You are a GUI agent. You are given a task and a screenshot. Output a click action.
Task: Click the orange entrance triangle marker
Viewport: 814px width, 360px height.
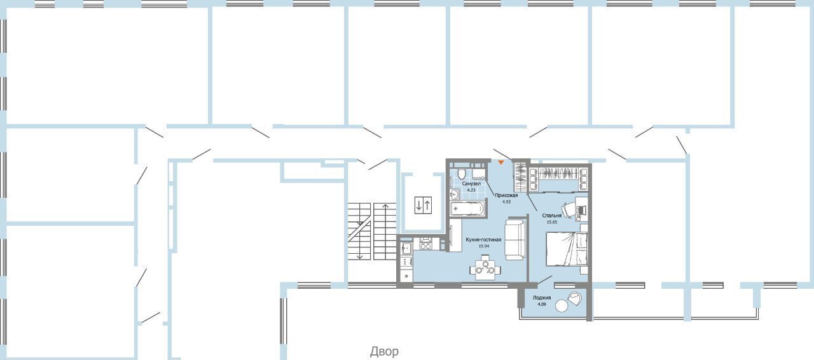500,163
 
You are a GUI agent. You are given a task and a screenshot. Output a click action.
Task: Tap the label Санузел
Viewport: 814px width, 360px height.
471,184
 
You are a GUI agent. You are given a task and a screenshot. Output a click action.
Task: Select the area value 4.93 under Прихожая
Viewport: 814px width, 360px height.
506,202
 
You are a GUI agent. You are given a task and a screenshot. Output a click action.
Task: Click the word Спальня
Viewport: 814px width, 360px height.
551,216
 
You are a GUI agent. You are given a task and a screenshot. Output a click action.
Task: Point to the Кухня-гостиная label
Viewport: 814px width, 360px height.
483,240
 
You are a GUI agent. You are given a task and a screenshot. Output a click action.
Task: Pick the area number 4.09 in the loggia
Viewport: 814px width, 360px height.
541,304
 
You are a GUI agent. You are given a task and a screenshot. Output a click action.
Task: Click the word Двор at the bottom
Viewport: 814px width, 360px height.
384,352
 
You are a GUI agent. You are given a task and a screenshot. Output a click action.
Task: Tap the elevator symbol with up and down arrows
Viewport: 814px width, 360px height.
423,205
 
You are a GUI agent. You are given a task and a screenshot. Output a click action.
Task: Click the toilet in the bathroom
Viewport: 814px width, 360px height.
462,174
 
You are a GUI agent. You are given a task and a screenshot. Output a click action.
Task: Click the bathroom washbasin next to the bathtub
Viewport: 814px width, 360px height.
455,195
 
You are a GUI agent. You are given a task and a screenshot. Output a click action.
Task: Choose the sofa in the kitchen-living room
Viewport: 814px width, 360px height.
515,240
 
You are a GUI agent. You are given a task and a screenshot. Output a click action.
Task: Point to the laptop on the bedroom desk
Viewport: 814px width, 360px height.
581,210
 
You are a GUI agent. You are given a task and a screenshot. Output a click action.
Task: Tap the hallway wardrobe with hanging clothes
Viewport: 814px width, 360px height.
520,177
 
